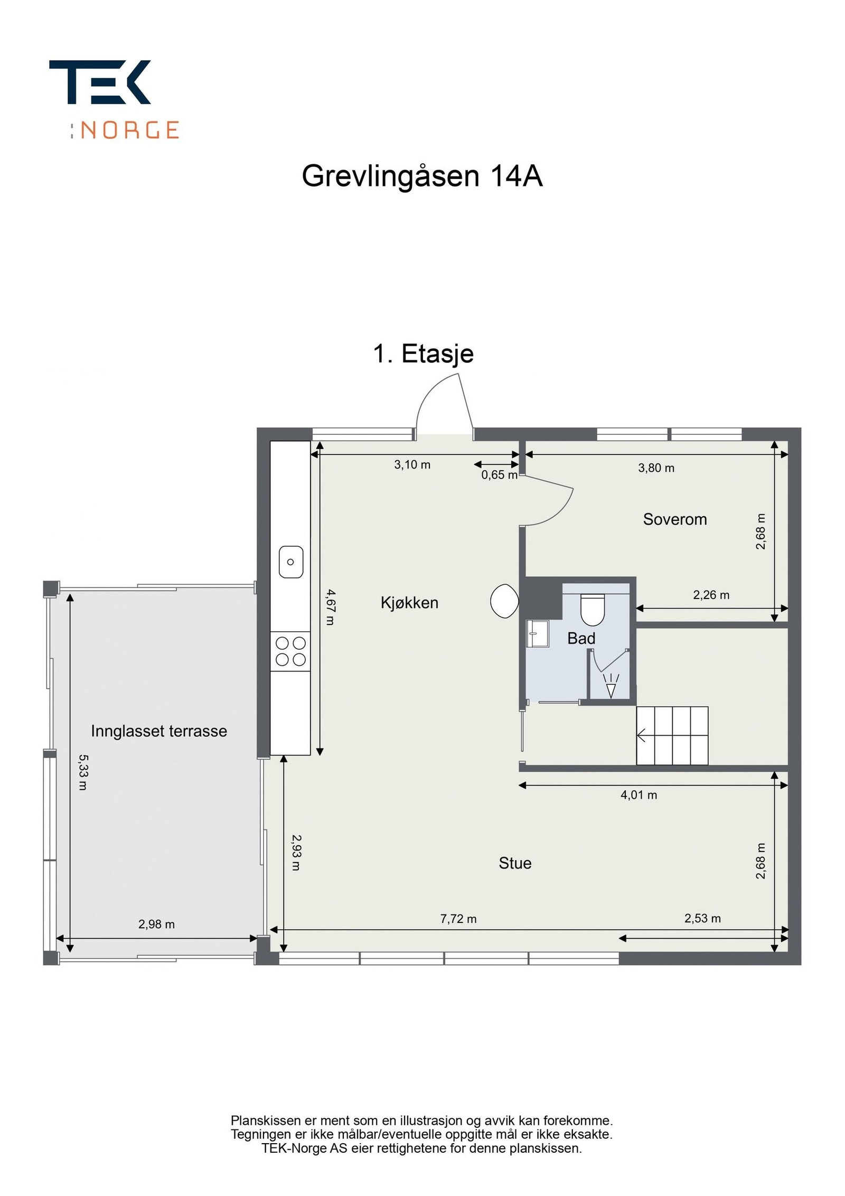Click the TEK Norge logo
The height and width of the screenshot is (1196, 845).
tap(114, 99)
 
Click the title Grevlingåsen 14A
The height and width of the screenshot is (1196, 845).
tap(421, 176)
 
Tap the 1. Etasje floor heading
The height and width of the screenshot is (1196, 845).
tap(423, 353)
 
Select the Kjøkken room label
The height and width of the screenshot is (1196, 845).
tap(409, 603)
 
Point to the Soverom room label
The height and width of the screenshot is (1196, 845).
tap(674, 519)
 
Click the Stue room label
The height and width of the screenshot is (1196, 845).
tap(515, 863)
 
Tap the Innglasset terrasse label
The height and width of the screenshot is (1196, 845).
tap(158, 731)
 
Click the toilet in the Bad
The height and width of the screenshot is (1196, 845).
tap(592, 609)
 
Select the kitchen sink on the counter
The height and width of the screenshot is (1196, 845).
tap(290, 562)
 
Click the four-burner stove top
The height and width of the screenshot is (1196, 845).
tap(290, 651)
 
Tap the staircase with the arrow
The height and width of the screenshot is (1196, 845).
tap(672, 735)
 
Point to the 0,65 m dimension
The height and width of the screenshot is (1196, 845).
tap(499, 475)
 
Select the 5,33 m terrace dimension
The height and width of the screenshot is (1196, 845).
tap(82, 772)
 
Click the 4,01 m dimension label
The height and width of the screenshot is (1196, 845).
tap(639, 795)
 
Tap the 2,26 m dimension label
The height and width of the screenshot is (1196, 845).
tap(711, 595)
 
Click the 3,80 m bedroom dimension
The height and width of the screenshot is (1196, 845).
tap(656, 468)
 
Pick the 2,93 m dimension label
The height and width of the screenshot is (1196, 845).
tap(296, 852)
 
